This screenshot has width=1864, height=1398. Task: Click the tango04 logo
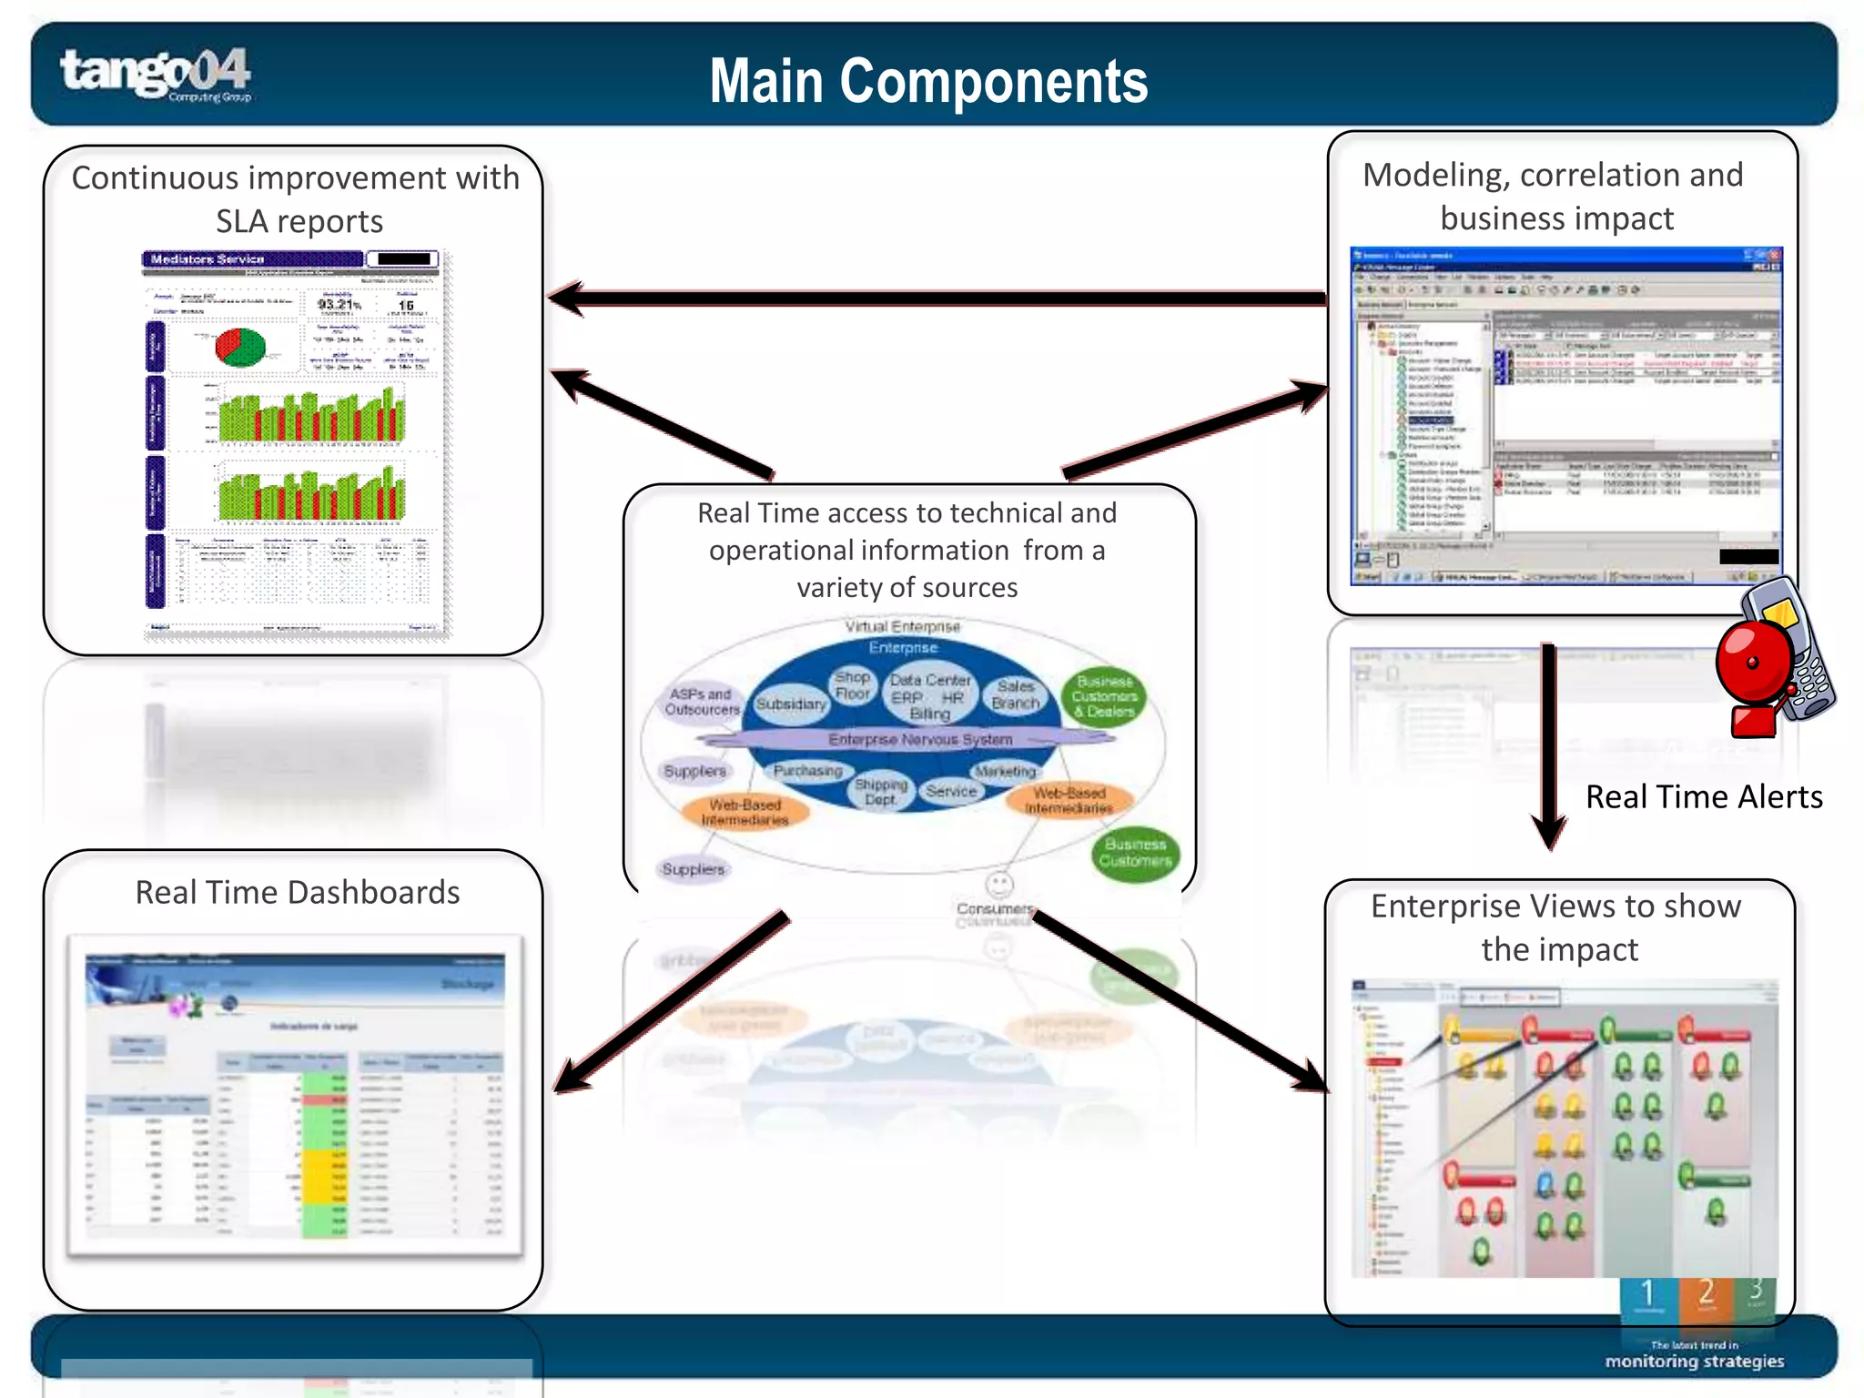tap(155, 73)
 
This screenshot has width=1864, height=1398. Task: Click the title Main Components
tap(927, 81)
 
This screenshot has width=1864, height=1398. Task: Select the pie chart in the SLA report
tap(240, 347)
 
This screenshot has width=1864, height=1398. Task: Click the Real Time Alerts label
tap(1703, 796)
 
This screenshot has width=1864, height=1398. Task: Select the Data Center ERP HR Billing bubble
tap(929, 696)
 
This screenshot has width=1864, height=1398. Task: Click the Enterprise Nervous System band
tap(919, 739)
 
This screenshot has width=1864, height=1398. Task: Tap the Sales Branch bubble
tap(1016, 694)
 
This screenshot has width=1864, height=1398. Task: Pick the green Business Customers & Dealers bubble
tap(1104, 696)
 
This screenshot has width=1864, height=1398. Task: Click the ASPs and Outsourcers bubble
tap(702, 702)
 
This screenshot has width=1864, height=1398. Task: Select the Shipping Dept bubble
tap(880, 791)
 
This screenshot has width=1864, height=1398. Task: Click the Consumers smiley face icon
tap(998, 884)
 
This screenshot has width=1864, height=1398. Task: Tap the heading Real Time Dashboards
tap(297, 892)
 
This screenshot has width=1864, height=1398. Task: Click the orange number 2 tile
tap(1706, 1295)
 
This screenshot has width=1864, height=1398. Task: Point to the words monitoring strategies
tap(1694, 1362)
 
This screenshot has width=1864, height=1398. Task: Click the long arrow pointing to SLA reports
tap(937, 298)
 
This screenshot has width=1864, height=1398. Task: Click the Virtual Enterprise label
tap(902, 626)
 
